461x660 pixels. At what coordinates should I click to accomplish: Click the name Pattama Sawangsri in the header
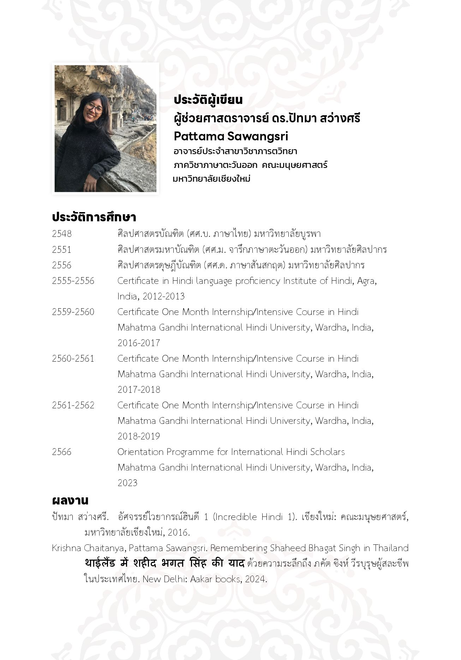[x=231, y=136]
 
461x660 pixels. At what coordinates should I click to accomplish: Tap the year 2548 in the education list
[x=62, y=234]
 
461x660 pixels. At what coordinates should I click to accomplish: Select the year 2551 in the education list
[x=62, y=250]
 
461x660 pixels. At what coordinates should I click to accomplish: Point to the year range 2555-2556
[x=73, y=281]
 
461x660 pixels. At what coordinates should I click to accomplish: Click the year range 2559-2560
[x=73, y=312]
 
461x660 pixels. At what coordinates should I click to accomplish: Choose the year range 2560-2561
[x=73, y=358]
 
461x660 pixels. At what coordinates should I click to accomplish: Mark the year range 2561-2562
[x=73, y=405]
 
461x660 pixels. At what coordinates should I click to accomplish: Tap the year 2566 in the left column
[x=62, y=452]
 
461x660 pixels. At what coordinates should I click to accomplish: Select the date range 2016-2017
[x=139, y=343]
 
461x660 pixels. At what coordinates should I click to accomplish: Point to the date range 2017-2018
[x=139, y=390]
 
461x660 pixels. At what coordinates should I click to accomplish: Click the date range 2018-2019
[x=139, y=436]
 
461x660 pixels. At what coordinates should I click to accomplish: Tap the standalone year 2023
[x=127, y=483]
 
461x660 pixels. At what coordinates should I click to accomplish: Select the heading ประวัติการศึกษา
[x=94, y=217]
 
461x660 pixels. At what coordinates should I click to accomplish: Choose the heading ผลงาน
[x=70, y=501]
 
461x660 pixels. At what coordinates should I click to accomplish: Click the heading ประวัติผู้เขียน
[x=208, y=100]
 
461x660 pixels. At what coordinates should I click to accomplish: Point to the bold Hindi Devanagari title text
[x=164, y=563]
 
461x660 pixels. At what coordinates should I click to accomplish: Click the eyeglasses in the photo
[x=94, y=107]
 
